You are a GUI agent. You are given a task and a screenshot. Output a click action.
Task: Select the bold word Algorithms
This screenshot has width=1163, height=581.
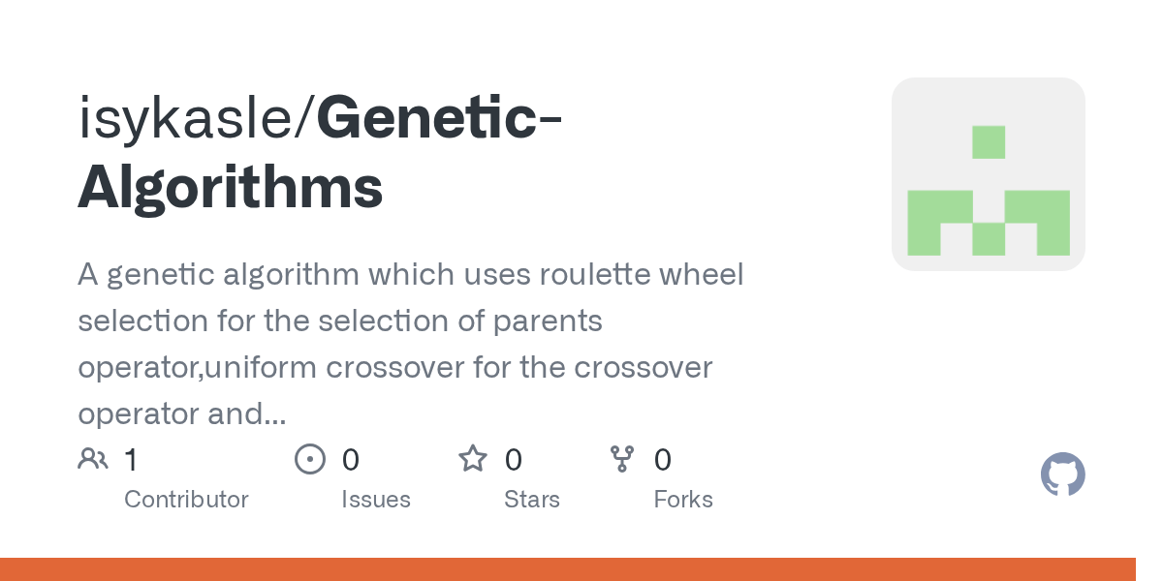pyautogui.click(x=231, y=187)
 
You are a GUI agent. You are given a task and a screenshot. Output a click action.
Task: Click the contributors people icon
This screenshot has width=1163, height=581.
pyautogui.click(x=93, y=459)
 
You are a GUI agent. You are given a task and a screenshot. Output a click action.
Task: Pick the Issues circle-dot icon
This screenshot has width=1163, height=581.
pyautogui.click(x=310, y=459)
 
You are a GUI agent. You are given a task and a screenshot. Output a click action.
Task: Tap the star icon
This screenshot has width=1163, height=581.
pyautogui.click(x=473, y=459)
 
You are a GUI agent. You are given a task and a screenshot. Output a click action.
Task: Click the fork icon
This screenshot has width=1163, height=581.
pyautogui.click(x=621, y=459)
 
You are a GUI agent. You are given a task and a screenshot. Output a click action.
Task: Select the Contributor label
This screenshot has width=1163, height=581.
pyautogui.click(x=186, y=500)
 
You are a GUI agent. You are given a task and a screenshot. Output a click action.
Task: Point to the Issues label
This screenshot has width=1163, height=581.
pyautogui.click(x=376, y=500)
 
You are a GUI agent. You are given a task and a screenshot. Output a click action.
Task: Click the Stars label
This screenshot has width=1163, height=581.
pyautogui.click(x=532, y=500)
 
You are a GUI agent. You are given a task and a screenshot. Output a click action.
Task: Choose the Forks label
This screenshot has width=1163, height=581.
pyautogui.click(x=683, y=500)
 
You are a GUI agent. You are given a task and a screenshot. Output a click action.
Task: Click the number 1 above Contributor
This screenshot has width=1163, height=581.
pyautogui.click(x=132, y=460)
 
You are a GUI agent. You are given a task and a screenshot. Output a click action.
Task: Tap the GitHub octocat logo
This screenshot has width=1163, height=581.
pyautogui.click(x=1062, y=474)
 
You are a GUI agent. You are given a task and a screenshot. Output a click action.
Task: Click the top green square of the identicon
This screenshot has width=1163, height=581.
pyautogui.click(x=989, y=141)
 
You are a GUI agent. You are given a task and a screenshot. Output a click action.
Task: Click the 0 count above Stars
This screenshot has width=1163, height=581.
pyautogui.click(x=514, y=460)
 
